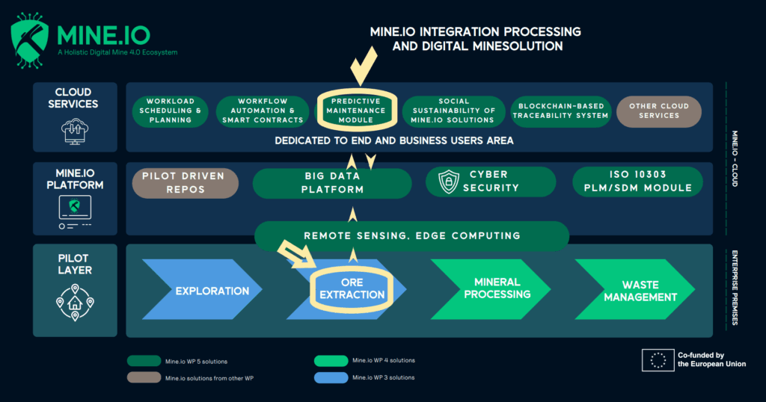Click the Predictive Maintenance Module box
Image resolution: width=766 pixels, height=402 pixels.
(357, 111)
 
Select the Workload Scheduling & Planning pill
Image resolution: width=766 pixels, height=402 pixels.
(169, 111)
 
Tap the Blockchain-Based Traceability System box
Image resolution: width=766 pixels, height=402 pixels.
(561, 111)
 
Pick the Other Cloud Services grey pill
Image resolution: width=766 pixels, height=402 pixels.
(659, 111)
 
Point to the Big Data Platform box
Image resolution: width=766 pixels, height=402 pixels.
(332, 182)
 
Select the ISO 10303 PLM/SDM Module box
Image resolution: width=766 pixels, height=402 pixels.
(638, 182)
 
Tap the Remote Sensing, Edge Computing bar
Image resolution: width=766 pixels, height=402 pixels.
(411, 235)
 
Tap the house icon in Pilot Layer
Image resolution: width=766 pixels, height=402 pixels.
(75, 302)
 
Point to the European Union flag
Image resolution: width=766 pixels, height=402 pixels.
(658, 359)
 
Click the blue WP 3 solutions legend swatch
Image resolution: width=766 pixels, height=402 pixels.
(331, 377)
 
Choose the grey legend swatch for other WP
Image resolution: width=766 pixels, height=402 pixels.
(144, 377)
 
